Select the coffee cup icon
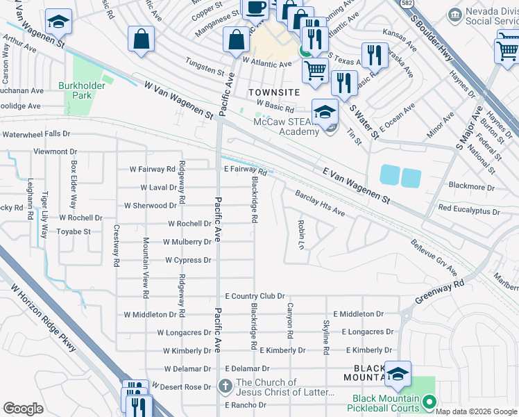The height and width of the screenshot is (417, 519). tap(255, 8)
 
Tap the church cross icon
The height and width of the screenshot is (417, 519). tap(225, 386)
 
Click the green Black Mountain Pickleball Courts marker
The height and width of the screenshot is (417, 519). tap(429, 402)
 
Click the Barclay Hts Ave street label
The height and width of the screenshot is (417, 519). tap(320, 203)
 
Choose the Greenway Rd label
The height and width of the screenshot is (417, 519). tap(440, 292)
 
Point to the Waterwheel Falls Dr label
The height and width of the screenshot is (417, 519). tap(36, 133)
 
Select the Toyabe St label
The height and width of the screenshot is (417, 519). tap(74, 231)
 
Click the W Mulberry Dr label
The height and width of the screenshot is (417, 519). tap(187, 242)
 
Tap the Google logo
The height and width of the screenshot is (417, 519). tap(24, 409)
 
